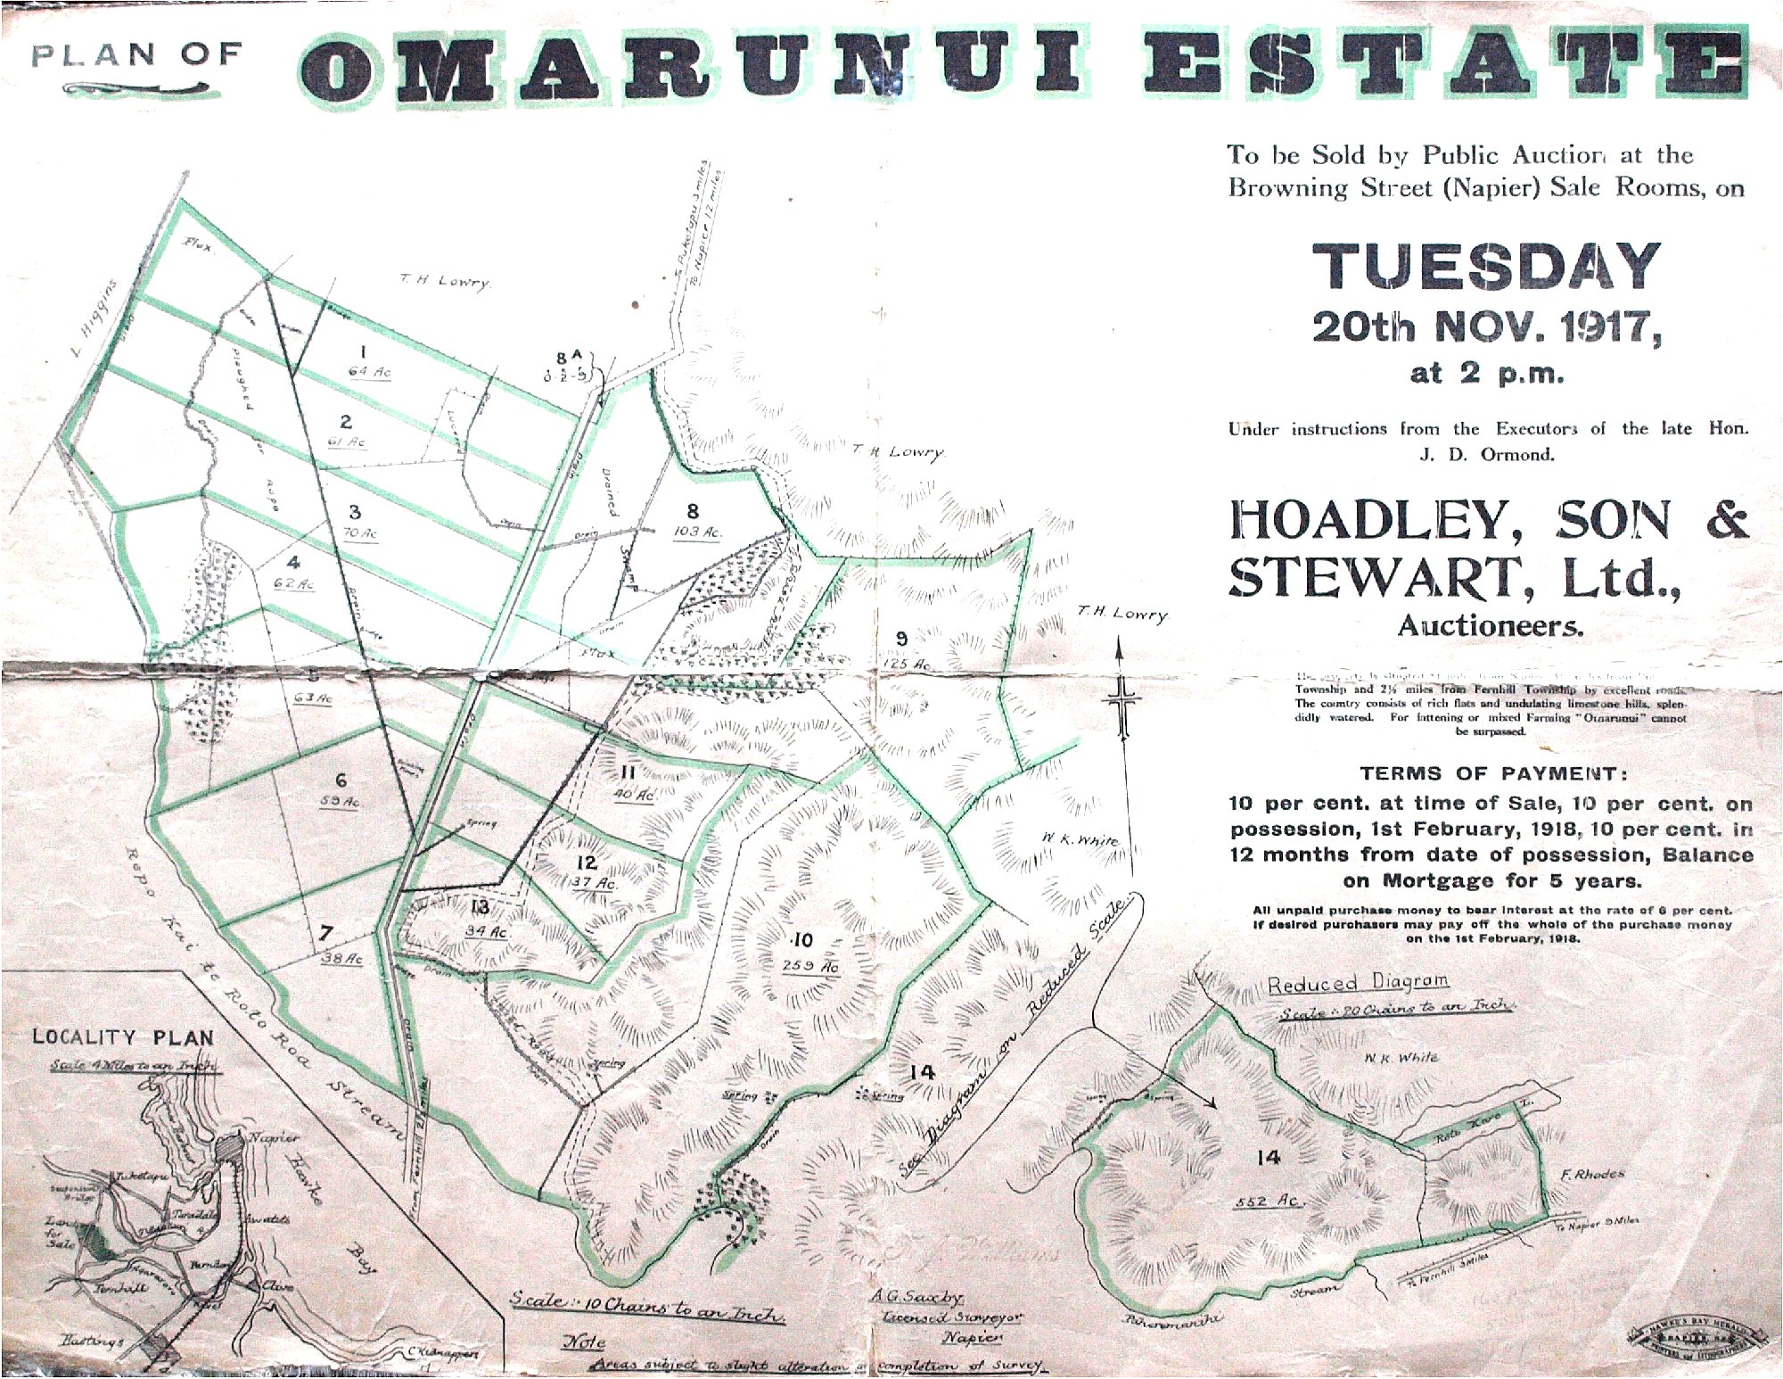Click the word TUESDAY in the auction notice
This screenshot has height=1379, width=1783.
click(x=1486, y=267)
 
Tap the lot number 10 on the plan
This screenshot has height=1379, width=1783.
click(x=802, y=940)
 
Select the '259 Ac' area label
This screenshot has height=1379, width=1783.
click(x=810, y=967)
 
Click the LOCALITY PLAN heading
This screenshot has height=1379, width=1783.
click(x=123, y=1037)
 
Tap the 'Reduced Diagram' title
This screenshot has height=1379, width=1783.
click(x=1358, y=983)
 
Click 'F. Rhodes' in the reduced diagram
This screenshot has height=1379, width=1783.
click(x=1592, y=1174)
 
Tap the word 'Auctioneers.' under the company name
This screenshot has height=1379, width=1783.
click(x=1490, y=625)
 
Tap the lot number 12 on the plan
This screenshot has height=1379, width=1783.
click(x=586, y=863)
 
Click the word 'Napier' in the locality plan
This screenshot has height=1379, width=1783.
click(x=274, y=1138)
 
